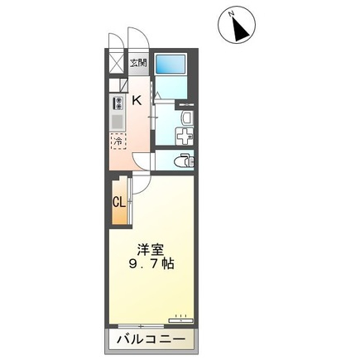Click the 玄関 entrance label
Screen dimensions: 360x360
pyautogui.click(x=139, y=64)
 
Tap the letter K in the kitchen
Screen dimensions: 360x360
pyautogui.click(x=137, y=100)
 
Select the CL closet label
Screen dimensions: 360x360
pyautogui.click(x=119, y=203)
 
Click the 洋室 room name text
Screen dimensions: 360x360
pyautogui.click(x=151, y=250)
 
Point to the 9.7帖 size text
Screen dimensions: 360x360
pyautogui.click(x=151, y=264)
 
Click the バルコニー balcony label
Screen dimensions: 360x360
pyautogui.click(x=151, y=339)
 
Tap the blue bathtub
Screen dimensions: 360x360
pyautogui.click(x=170, y=65)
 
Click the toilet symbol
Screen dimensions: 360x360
pyautogui.click(x=185, y=161)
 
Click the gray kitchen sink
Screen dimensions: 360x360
pyautogui.click(x=118, y=122)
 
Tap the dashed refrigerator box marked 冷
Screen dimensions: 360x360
pyautogui.click(x=118, y=142)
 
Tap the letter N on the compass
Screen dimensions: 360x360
pyautogui.click(x=231, y=13)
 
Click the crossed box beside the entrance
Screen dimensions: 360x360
pyautogui.click(x=116, y=64)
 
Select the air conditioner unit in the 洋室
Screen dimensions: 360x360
pyautogui.click(x=181, y=320)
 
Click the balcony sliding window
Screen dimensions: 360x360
pyautogui.click(x=141, y=326)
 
